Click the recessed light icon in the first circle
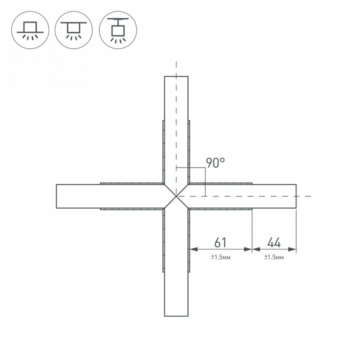tap(30, 30)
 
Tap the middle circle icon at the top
tap(74, 30)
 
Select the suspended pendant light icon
tap(118, 30)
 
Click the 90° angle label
tap(215, 162)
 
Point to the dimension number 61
tap(221, 243)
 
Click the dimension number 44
tap(274, 243)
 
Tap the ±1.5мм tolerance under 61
tap(221, 257)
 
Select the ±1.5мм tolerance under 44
tap(274, 257)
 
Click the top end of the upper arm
tap(176, 78)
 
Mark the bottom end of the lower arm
tap(176, 315)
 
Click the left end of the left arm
tap(57, 196)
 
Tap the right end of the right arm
tap(295, 196)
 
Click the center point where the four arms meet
tap(176, 196)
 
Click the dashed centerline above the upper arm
tap(176, 68)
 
